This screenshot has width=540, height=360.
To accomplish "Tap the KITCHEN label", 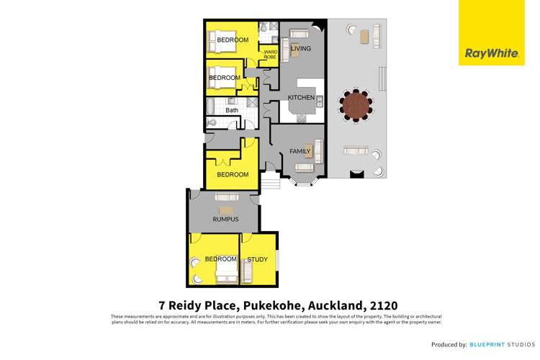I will tap(301, 97).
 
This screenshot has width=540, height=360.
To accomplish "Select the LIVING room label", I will tap(300, 48).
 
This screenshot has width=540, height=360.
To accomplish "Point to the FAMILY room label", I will tap(300, 152).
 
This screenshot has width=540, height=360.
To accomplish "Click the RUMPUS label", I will tap(225, 219).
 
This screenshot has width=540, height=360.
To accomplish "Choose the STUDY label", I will tap(257, 259).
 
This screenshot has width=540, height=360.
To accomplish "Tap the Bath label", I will tap(232, 110).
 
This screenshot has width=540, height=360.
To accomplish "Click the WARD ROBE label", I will tap(271, 54).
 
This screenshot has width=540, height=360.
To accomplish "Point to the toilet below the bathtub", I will tap(212, 123).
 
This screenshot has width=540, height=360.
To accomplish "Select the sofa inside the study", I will tap(247, 271).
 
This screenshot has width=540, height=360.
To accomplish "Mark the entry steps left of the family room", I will tap(270, 186).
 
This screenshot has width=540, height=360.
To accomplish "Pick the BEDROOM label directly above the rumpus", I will tap(233, 174).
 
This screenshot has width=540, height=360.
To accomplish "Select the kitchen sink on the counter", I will tap(302, 117).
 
